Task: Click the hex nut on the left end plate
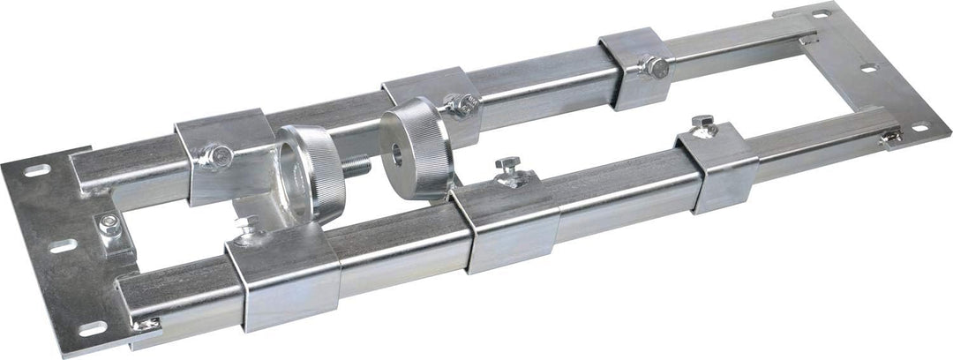tap(108, 221)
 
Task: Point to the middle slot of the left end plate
tap(60, 248)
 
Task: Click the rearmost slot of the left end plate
tap(34, 171)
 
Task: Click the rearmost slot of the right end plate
tap(820, 12)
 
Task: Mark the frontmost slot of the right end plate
tap(919, 127)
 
